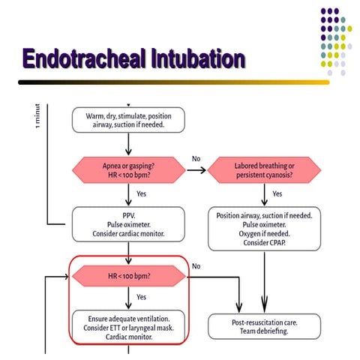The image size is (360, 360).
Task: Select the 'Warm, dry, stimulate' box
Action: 128,120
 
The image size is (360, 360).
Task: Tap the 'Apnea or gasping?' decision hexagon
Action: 128,169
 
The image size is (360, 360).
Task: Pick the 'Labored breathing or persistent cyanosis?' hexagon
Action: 264,169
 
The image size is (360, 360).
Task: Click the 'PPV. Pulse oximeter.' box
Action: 128,223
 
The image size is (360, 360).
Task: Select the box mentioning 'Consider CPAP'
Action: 264,228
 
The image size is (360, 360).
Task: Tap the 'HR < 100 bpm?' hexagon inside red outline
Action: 128,277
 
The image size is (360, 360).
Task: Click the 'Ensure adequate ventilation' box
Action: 128,326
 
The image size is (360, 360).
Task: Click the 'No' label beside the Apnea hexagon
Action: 196,158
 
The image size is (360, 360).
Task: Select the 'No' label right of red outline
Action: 196,265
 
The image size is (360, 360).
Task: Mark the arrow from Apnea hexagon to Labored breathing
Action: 196,169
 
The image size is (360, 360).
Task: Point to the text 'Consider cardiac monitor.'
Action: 128,233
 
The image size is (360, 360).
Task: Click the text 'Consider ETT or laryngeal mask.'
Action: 128,326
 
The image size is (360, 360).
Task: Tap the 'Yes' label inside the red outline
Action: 141,297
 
